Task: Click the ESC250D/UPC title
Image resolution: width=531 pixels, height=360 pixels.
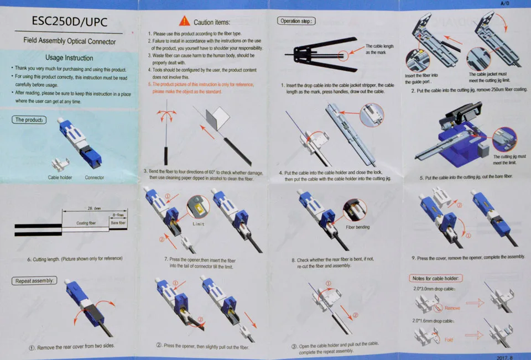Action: [x=70, y=22]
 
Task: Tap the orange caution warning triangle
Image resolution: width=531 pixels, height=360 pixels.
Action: [x=184, y=21]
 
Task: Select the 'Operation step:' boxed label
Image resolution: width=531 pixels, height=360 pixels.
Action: [x=296, y=21]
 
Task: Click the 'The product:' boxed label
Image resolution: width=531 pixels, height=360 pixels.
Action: [x=29, y=119]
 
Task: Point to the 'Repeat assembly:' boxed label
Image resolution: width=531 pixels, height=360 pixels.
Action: [x=34, y=281]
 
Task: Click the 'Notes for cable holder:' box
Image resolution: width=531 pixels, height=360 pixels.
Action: [x=435, y=278]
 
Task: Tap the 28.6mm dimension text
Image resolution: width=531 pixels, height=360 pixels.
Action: [x=94, y=208]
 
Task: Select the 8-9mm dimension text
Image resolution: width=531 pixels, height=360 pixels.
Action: [x=118, y=215]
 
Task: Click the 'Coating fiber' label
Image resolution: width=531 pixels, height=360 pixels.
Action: [x=86, y=223]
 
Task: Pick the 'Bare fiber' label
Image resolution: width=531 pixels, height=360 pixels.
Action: [x=118, y=223]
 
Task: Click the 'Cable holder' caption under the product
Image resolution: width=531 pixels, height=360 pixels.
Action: [x=60, y=178]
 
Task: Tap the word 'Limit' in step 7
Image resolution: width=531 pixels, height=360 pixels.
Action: [x=199, y=224]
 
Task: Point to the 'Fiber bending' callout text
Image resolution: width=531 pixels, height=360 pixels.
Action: [x=358, y=227]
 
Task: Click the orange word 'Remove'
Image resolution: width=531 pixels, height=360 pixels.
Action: [x=452, y=308]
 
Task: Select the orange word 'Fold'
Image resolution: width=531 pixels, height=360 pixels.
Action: [x=449, y=340]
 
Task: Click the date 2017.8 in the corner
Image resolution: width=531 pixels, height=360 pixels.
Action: [x=504, y=357]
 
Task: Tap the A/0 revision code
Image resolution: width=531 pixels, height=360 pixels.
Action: [x=504, y=3]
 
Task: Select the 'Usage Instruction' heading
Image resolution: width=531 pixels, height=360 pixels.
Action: [x=69, y=58]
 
